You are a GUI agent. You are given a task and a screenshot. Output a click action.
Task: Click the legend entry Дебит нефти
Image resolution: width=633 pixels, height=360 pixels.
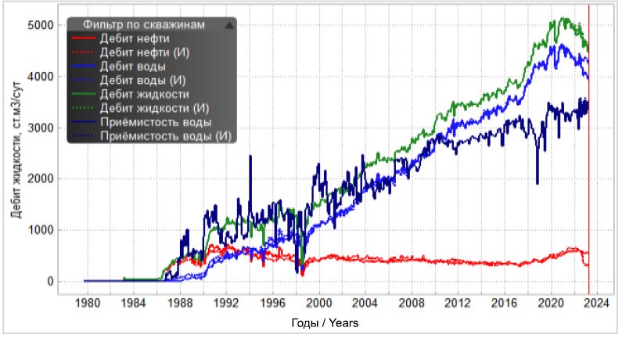(x=135, y=39)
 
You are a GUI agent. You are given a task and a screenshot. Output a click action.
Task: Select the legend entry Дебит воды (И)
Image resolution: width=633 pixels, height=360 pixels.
(x=142, y=81)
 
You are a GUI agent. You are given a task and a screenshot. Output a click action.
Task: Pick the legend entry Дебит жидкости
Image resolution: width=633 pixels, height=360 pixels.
(x=144, y=95)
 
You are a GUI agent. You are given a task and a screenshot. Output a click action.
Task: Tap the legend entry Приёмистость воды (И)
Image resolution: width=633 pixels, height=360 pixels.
(x=166, y=136)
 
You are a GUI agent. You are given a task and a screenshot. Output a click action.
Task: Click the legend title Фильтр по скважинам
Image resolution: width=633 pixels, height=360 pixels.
(x=144, y=24)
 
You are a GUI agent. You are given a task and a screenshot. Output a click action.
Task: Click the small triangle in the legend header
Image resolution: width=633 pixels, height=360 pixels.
(x=229, y=25)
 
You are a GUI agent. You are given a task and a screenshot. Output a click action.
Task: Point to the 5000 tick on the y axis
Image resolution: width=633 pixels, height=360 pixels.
(x=41, y=25)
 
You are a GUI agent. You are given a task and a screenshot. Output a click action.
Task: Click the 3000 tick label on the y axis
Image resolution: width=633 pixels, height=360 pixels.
(x=41, y=128)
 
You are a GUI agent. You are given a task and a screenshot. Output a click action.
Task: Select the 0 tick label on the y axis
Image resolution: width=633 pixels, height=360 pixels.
(x=50, y=281)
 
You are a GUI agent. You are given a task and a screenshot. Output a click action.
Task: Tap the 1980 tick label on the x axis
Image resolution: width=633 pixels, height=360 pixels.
(x=88, y=303)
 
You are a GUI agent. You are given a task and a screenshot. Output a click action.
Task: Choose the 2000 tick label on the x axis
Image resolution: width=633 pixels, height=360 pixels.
(x=319, y=303)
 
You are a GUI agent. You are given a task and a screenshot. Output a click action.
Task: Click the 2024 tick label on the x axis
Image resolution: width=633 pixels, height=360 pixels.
(x=597, y=303)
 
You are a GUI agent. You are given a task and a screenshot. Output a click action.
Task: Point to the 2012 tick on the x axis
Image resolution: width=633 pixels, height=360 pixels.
(x=458, y=303)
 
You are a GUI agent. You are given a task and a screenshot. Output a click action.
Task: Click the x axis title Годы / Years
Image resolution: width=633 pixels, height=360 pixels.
(x=325, y=323)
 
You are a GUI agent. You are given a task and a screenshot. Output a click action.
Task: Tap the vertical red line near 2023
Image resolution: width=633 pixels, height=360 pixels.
(x=588, y=149)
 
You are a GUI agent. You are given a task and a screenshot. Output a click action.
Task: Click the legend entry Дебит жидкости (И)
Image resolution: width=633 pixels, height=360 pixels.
(x=154, y=108)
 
